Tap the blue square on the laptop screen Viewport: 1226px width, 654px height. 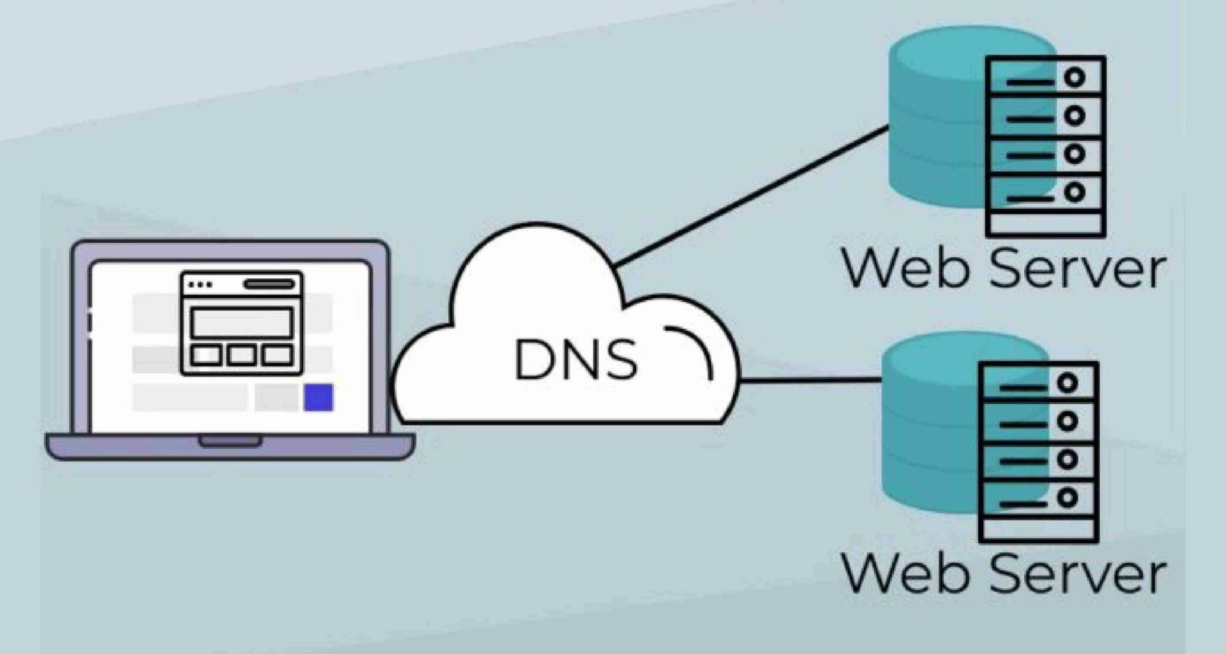point(318,398)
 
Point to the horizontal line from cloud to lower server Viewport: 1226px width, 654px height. point(811,379)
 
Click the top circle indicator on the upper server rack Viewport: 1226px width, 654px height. point(1075,77)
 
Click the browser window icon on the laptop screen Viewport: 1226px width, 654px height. point(241,323)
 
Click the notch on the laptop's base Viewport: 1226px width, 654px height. point(230,441)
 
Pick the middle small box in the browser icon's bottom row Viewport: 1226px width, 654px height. point(241,355)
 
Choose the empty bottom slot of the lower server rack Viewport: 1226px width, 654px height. point(1038,529)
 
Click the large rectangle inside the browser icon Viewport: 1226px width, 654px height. point(241,323)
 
